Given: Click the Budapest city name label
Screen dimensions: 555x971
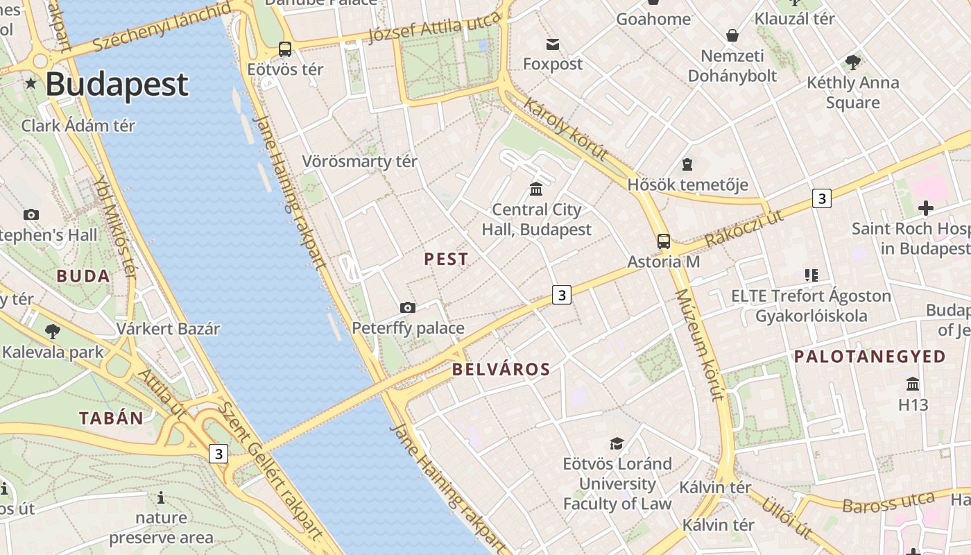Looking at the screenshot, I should tap(117, 85).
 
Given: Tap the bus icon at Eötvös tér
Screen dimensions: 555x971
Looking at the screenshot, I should tap(285, 49).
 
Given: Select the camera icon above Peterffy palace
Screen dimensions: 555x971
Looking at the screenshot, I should tap(408, 307).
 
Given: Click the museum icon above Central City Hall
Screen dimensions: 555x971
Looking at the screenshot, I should tap(536, 189).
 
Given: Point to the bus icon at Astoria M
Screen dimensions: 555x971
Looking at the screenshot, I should tap(664, 241).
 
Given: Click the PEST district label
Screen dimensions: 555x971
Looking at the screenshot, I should tap(446, 259).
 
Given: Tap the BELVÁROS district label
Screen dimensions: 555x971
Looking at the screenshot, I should tap(501, 370).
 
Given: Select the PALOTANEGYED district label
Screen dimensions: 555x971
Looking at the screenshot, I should tap(870, 357).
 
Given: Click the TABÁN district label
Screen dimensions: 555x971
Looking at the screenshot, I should tap(111, 418).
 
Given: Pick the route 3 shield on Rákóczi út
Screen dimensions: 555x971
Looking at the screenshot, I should tap(822, 198).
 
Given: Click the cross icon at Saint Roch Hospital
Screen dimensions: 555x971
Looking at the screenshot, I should tap(925, 207).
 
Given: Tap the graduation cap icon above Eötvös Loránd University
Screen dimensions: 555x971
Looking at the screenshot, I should tap(617, 443).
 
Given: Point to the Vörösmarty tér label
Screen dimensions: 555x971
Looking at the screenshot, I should tap(359, 162).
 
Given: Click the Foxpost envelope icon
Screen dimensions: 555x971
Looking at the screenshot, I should tap(553, 44).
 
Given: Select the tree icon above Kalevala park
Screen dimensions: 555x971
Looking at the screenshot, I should tap(52, 331).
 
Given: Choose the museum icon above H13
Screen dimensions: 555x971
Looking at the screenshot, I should tap(913, 384).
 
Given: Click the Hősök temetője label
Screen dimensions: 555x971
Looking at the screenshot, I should tap(687, 185).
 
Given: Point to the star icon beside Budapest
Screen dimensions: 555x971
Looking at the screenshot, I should tap(31, 84).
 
